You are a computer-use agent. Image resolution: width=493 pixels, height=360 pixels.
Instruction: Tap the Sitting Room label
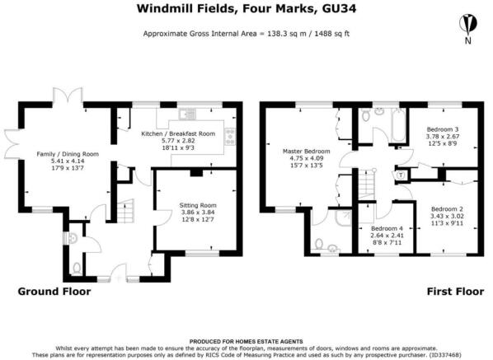[x=198, y=205]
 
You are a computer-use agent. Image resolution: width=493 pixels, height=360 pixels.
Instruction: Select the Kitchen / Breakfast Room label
[x=178, y=133]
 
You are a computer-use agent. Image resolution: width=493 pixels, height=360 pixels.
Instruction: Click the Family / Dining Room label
[x=68, y=154]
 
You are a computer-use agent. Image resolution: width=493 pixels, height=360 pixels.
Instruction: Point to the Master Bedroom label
[x=306, y=151]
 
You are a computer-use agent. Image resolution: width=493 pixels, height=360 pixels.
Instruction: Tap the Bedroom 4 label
[x=387, y=228]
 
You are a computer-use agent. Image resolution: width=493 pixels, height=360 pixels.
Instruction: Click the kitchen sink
[x=187, y=114]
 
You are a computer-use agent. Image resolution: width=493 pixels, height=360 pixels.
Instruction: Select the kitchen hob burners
[x=230, y=136]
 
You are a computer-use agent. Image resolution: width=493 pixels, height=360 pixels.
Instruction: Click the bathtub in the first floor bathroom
[x=399, y=125]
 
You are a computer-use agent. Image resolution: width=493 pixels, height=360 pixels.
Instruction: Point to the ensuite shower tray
[x=343, y=217]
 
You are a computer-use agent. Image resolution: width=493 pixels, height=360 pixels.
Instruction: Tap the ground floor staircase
[x=126, y=211]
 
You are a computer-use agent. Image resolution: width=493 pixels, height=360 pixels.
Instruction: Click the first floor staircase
[x=367, y=185]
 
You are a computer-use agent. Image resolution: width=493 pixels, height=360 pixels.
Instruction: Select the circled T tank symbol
[x=401, y=175]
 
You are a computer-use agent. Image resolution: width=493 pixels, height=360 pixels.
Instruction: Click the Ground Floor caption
[x=54, y=291]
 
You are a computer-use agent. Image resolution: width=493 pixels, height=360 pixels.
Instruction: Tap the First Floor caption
[x=455, y=291]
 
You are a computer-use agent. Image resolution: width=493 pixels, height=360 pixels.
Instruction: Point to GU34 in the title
[x=339, y=8]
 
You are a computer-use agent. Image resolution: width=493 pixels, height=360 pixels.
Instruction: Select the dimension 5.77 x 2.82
[x=178, y=141]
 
